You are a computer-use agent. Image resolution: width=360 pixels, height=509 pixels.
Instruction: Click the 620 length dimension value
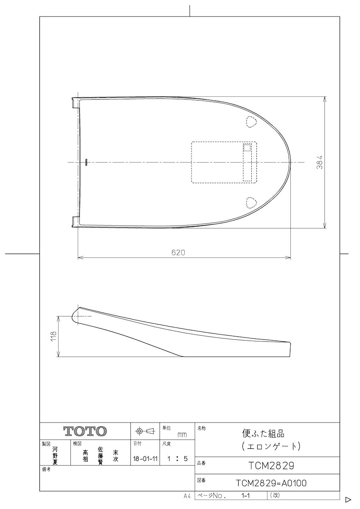(x=178, y=252)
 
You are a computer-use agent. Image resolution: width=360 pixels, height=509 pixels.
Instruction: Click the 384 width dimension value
(x=320, y=162)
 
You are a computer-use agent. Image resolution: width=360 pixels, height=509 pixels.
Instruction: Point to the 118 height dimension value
(x=53, y=337)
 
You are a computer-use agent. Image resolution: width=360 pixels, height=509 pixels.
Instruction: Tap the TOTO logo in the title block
(x=85, y=431)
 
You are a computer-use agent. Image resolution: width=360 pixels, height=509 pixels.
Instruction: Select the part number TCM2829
(x=271, y=466)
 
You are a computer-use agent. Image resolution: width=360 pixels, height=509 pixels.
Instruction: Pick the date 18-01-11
(x=145, y=459)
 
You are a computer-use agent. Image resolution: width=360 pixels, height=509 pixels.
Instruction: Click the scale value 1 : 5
(x=177, y=459)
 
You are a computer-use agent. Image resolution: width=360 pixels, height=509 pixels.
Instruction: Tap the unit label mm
(x=182, y=435)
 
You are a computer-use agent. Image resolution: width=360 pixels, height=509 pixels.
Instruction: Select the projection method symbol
(x=145, y=431)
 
